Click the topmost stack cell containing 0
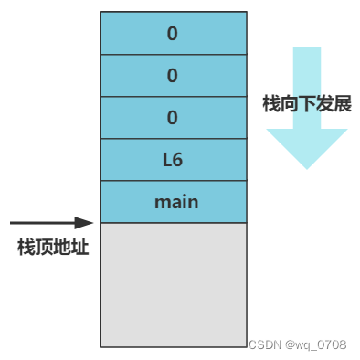(173, 34)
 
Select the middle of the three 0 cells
(173, 76)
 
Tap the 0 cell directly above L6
(173, 118)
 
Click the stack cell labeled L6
(173, 160)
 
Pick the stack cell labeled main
(173, 202)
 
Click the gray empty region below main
(173, 284)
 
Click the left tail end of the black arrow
(13, 222)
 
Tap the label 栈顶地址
(53, 247)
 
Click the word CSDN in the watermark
(265, 344)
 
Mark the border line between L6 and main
(173, 181)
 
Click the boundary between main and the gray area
(173, 223)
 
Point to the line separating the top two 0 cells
(173, 55)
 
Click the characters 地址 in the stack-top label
(71, 247)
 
